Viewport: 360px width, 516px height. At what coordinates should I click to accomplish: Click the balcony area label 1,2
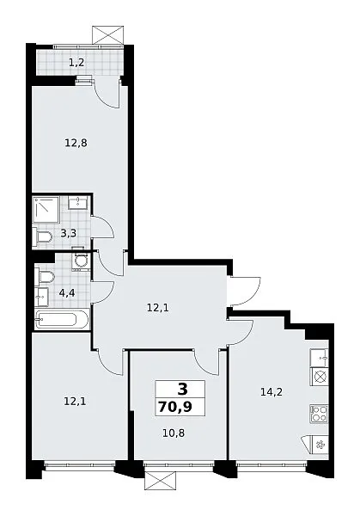point(76,62)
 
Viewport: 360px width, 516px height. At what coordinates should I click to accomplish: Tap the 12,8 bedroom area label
point(76,143)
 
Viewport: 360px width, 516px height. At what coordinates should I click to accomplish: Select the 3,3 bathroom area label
point(69,233)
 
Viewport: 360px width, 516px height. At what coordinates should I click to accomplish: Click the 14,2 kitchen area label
point(272,392)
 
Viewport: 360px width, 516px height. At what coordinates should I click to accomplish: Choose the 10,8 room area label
point(174,433)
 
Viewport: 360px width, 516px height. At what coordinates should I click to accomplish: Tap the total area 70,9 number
point(175,407)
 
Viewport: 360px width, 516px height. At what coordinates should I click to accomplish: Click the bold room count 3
point(182,390)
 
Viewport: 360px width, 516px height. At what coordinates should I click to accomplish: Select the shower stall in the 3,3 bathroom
point(46,210)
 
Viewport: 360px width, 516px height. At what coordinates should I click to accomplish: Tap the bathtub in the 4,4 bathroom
point(62,319)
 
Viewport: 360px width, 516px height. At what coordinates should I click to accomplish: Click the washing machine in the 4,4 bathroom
point(81,261)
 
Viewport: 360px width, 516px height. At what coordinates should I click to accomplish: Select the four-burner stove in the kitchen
point(320,414)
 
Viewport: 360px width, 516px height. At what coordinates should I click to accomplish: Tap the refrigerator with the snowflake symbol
point(317,445)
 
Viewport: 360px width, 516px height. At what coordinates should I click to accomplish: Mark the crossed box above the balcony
point(109,35)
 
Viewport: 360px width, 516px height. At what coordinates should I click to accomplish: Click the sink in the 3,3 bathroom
point(78,202)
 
